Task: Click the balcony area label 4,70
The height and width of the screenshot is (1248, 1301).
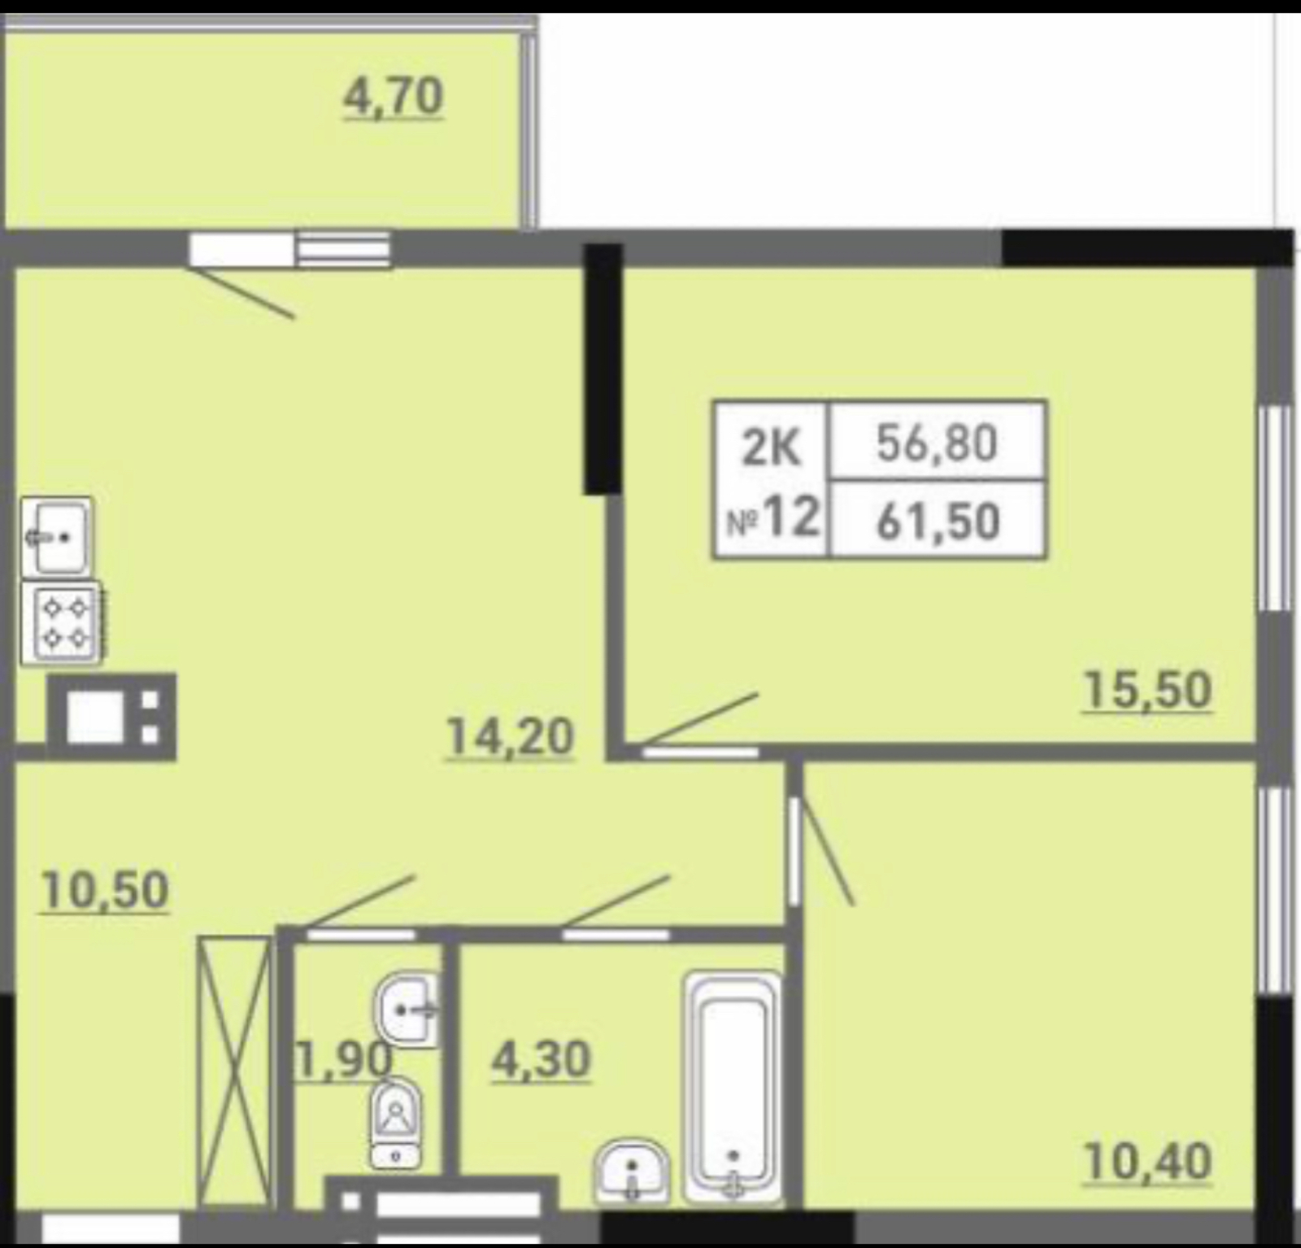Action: click(x=394, y=97)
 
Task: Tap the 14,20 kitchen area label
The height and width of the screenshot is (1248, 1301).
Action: click(x=510, y=737)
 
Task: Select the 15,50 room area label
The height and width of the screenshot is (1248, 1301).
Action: click(x=1147, y=690)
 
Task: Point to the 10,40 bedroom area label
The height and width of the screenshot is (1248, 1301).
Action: click(x=1147, y=1161)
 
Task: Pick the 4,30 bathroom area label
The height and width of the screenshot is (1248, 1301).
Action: click(x=541, y=1060)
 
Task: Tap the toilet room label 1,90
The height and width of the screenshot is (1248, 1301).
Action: click(x=344, y=1060)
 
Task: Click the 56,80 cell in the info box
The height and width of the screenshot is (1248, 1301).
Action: click(x=937, y=443)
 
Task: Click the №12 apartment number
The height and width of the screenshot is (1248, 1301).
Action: click(x=772, y=517)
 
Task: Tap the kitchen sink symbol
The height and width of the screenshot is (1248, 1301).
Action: click(x=57, y=536)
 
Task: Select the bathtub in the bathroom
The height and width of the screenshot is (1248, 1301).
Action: click(x=733, y=1087)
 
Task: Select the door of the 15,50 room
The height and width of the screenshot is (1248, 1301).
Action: click(x=699, y=719)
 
